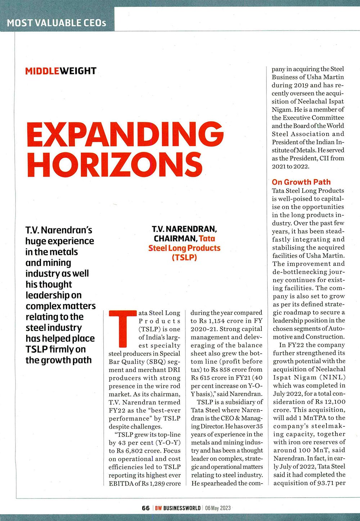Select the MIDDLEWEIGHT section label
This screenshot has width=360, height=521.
61,71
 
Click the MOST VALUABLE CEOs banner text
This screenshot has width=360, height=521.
57,23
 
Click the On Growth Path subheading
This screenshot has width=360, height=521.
301,182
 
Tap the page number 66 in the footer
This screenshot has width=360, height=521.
145,508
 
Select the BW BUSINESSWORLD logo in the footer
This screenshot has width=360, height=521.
178,508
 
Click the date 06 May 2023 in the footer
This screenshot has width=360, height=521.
218,508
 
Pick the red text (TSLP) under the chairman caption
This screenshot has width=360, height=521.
184,258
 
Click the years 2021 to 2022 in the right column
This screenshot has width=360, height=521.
291,166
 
